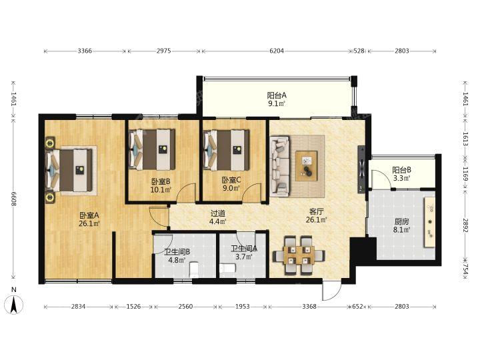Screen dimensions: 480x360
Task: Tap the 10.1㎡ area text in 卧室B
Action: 161,190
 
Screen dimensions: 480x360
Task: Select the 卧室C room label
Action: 231,180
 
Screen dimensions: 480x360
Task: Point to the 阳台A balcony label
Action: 277,95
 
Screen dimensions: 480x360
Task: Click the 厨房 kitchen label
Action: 401,221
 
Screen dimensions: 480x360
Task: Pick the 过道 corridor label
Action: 217,213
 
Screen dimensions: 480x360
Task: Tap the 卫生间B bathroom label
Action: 177,252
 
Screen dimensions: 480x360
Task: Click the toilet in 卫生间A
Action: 227,269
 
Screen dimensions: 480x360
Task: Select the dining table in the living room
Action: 299,255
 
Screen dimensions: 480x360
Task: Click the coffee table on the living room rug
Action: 306,165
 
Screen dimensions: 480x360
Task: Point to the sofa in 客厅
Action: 279,166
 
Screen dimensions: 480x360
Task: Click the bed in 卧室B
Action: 152,149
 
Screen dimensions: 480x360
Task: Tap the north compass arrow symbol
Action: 14,305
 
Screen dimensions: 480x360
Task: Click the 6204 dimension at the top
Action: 277,51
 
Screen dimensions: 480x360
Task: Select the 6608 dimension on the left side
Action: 13,199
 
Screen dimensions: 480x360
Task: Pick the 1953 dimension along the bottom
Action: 242,307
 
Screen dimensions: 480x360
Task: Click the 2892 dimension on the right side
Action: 465,225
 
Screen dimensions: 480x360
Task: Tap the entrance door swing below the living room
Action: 331,291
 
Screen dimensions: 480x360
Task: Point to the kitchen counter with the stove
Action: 429,222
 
